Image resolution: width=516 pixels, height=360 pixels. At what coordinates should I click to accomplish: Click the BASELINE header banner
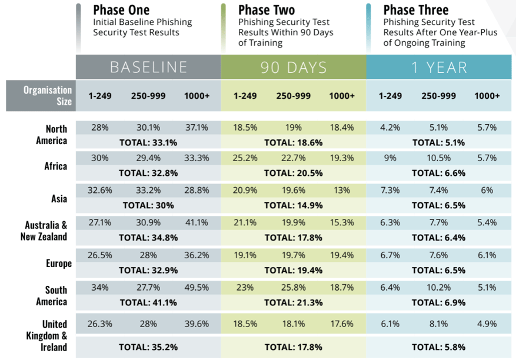pyautogui.click(x=148, y=67)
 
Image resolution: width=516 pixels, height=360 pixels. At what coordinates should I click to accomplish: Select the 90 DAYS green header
pyautogui.click(x=294, y=67)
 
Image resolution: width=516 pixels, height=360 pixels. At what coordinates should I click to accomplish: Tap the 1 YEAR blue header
pyautogui.click(x=439, y=67)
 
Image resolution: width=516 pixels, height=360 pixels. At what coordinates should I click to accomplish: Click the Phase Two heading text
pyautogui.click(x=267, y=10)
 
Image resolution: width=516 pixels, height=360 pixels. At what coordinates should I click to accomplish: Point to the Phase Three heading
pyautogui.click(x=415, y=10)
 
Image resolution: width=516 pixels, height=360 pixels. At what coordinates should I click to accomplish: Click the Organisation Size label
pyautogui.click(x=48, y=95)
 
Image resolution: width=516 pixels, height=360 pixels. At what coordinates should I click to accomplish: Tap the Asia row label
pyautogui.click(x=59, y=199)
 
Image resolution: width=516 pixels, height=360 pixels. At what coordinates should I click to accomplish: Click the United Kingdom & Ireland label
pyautogui.click(x=55, y=335)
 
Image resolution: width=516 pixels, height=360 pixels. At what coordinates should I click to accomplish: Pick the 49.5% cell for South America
pyautogui.click(x=197, y=288)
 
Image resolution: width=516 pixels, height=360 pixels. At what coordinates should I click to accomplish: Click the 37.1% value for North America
pyautogui.click(x=197, y=128)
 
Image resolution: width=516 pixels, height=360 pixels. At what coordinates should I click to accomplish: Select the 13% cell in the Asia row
pyautogui.click(x=342, y=191)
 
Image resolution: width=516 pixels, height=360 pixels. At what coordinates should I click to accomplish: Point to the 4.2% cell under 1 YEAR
pyautogui.click(x=390, y=128)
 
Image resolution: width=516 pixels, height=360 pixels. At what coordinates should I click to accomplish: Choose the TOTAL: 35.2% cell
pyautogui.click(x=148, y=346)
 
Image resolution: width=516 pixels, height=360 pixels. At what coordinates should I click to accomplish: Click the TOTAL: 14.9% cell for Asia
pyautogui.click(x=293, y=205)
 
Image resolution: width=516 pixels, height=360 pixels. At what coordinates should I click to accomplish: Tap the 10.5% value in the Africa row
pyautogui.click(x=439, y=158)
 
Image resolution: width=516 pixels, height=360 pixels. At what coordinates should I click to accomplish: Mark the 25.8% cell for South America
pyautogui.click(x=294, y=288)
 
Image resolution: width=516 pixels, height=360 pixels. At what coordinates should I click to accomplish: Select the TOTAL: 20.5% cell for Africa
pyautogui.click(x=293, y=172)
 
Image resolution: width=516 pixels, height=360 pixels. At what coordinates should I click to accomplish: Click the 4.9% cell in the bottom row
pyautogui.click(x=487, y=323)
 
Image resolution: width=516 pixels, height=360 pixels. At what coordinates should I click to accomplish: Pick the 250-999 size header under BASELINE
pyautogui.click(x=148, y=95)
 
